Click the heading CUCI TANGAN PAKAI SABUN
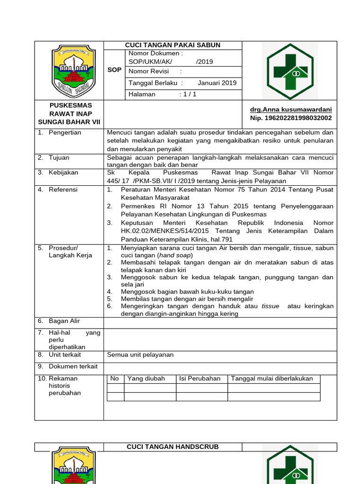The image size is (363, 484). tap(173, 45)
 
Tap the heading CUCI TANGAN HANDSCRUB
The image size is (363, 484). tap(173, 447)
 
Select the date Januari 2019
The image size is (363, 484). tap(217, 83)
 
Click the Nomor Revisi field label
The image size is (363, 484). tap(148, 71)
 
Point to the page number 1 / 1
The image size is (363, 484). tap(188, 94)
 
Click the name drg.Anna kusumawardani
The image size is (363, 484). tap(291, 109)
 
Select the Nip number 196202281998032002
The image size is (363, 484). tap(291, 118)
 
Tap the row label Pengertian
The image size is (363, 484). tap(65, 132)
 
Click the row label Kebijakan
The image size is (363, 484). tap(63, 173)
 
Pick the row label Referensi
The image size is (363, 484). tap(63, 190)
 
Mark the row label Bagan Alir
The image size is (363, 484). tap(64, 321)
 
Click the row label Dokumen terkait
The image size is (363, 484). tap(73, 366)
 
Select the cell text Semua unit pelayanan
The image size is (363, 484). tap(140, 354)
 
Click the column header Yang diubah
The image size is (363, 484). tap(146, 378)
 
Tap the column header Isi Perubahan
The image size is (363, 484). tap(200, 378)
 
